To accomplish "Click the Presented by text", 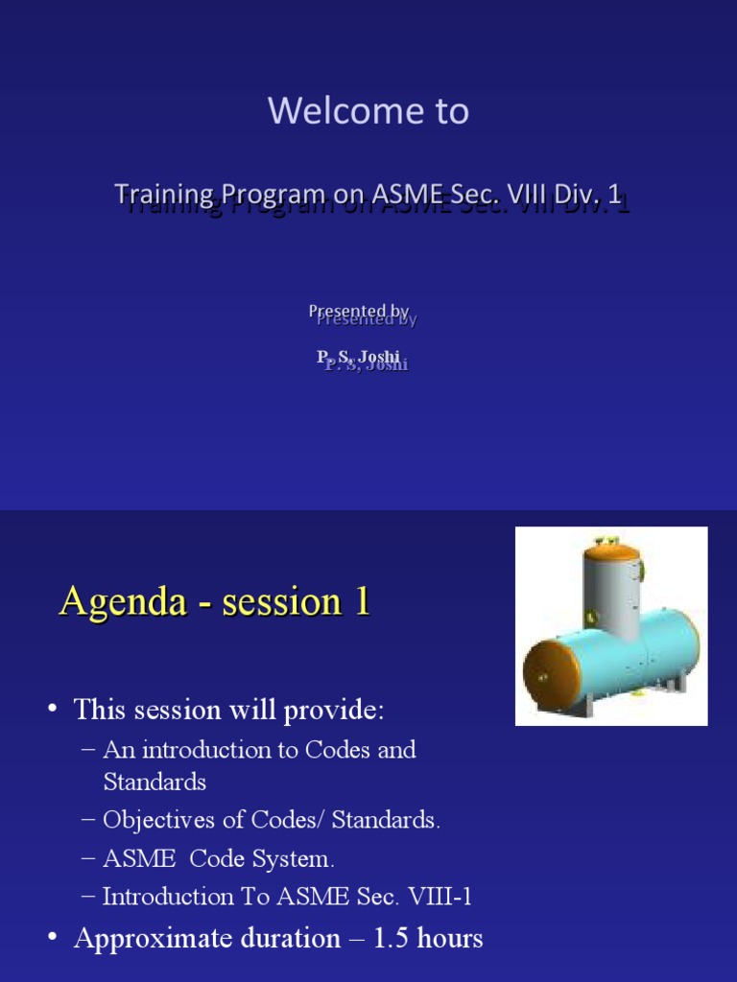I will (x=360, y=312).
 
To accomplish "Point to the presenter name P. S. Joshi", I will (x=359, y=357).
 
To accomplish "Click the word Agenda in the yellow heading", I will (x=123, y=601).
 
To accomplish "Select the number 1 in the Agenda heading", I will (x=361, y=601).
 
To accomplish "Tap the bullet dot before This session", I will (x=52, y=710).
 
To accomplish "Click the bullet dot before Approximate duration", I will (x=52, y=938).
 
